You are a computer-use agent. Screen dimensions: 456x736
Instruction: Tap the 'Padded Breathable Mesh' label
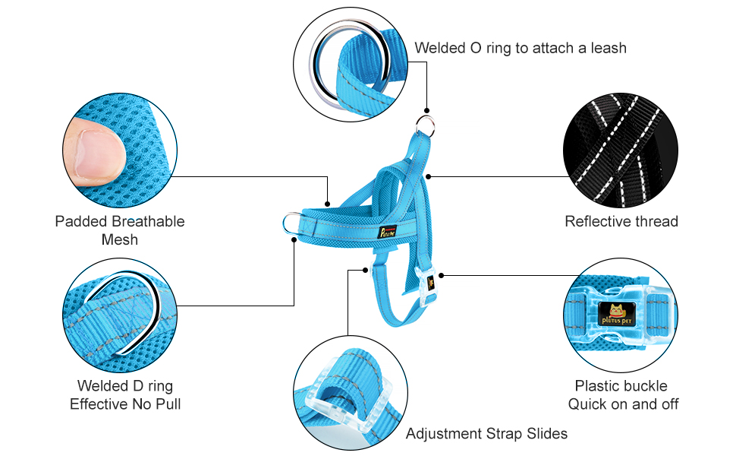tap(120, 230)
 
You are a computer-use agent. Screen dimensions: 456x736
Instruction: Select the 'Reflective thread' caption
tap(621, 221)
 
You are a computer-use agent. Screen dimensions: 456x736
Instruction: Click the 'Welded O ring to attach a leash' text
tap(520, 48)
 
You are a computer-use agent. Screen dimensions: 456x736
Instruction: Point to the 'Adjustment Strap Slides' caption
tap(486, 433)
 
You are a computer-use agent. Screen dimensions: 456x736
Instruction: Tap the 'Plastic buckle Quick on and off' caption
tap(623, 394)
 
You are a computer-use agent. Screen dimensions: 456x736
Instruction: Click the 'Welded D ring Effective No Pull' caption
tap(125, 394)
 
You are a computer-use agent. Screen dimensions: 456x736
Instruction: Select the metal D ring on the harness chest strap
tap(291, 223)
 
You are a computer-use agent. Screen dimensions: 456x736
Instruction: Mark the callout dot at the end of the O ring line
tap(428, 111)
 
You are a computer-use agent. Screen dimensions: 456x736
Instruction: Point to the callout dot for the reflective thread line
tap(429, 176)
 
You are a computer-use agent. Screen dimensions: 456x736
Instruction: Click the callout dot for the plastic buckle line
tap(442, 274)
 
